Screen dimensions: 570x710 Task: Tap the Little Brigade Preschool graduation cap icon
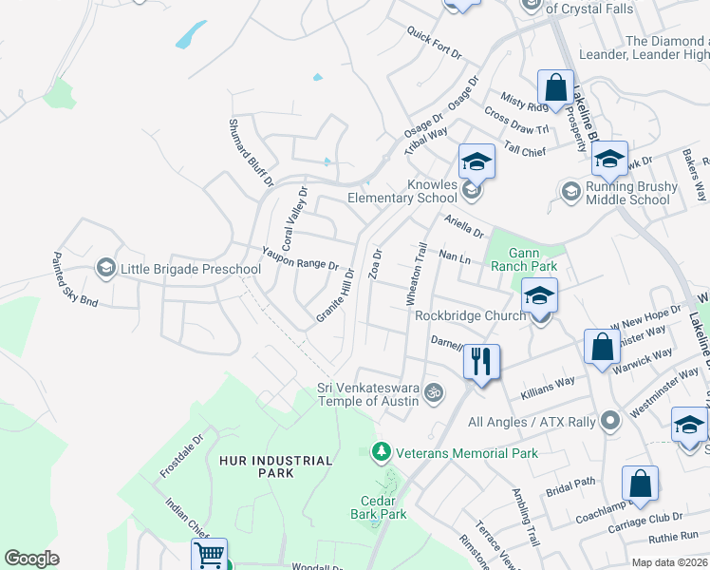click(x=104, y=269)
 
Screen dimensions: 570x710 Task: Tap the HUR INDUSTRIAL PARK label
click(x=275, y=467)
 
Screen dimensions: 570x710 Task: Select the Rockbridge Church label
click(x=464, y=316)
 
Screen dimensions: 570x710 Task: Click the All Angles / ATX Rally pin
click(x=610, y=419)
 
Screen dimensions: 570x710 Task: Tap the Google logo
click(x=31, y=559)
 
